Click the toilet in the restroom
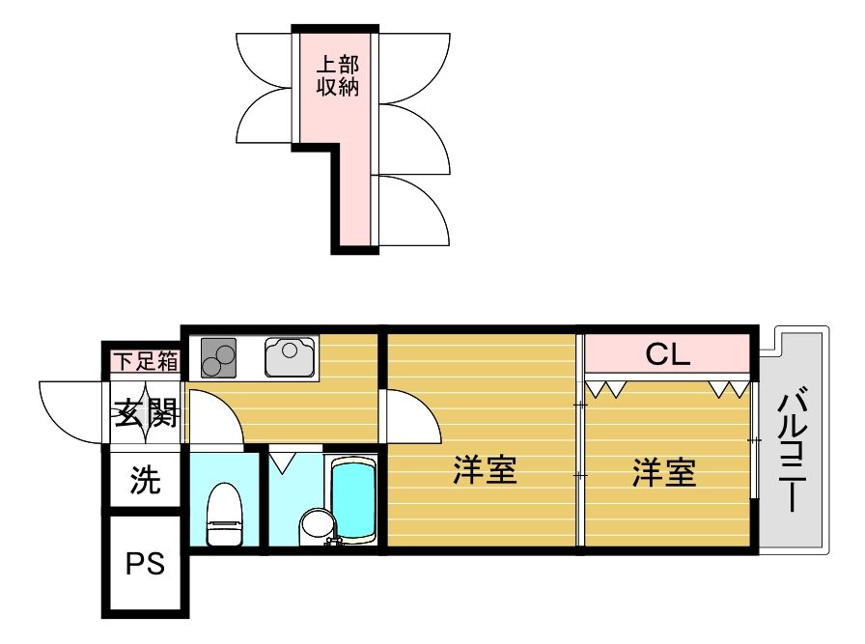click(225, 514)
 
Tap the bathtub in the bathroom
click(353, 500)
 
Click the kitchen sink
click(290, 356)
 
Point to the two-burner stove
click(218, 357)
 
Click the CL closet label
click(667, 354)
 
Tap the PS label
click(145, 564)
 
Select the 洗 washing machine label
click(145, 480)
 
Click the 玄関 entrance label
click(146, 413)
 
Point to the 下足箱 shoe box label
click(146, 362)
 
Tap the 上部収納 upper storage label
click(338, 76)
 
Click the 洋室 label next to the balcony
click(663, 472)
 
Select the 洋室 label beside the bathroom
click(485, 469)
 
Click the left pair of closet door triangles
click(605, 388)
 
